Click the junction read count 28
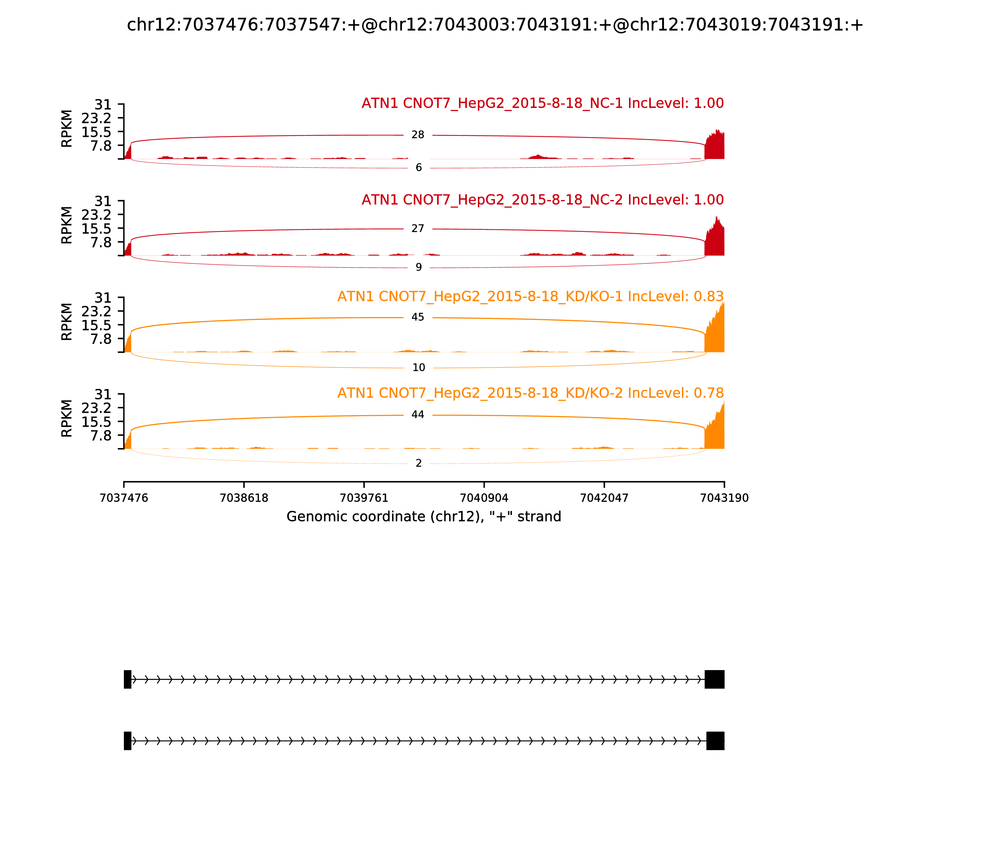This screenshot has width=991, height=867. click(417, 135)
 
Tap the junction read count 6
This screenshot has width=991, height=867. click(419, 168)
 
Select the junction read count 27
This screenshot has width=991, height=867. click(417, 229)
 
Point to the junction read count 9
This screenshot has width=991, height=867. click(419, 268)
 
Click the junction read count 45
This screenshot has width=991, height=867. click(417, 317)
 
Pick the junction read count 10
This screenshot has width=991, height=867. click(419, 368)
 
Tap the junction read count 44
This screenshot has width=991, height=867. click(417, 415)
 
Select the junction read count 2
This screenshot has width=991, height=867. click(419, 464)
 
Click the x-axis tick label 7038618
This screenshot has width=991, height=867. click(244, 498)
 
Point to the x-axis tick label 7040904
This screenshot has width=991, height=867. click(484, 498)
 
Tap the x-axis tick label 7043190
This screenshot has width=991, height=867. click(724, 498)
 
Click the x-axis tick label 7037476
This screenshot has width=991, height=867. click(124, 498)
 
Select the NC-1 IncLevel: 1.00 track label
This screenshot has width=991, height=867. click(543, 103)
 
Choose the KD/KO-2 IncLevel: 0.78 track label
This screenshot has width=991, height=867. click(530, 393)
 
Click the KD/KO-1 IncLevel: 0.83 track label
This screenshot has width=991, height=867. click(530, 297)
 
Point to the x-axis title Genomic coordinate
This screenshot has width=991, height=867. click(424, 517)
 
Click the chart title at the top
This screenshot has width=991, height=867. click(495, 25)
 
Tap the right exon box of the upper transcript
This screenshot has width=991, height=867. click(714, 679)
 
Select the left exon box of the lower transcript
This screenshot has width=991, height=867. click(128, 741)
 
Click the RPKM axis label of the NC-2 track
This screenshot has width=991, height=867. click(67, 225)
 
